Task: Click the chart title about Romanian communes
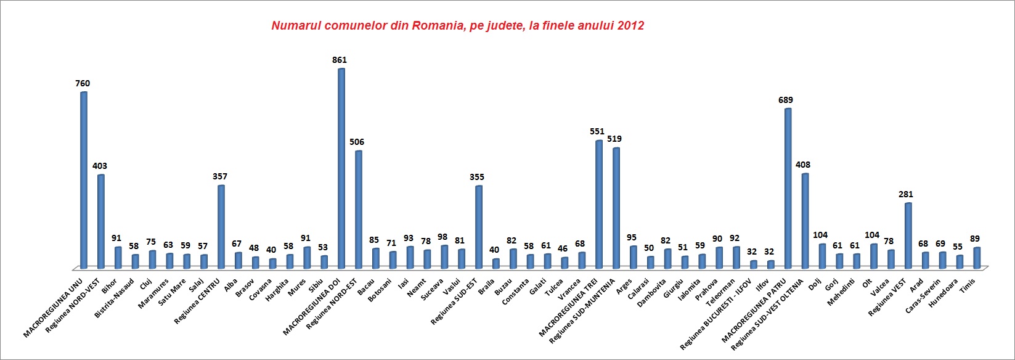click(x=457, y=26)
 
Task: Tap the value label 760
click(x=83, y=83)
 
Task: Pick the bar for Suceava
click(x=444, y=256)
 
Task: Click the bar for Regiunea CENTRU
click(x=221, y=226)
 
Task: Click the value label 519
click(x=614, y=139)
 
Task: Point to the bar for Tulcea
click(x=564, y=263)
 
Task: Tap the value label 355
click(x=477, y=177)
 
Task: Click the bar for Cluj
click(x=152, y=259)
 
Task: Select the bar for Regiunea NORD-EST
click(x=358, y=209)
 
